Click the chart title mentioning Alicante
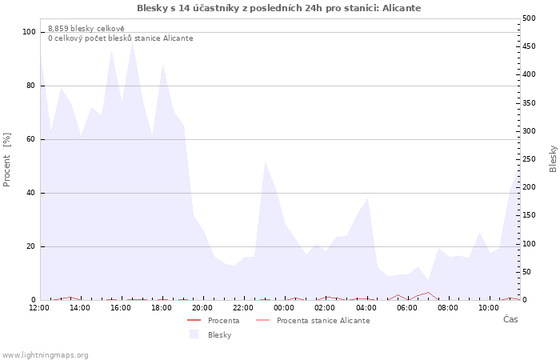pos(278,8)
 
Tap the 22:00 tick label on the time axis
pos(243,308)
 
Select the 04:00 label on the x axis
pos(366,308)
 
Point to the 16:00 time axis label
pos(121,308)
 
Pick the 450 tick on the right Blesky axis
pos(529,46)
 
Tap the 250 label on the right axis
pos(529,159)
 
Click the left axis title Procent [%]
pos(6,160)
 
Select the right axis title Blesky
pos(553,159)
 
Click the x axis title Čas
pos(510,319)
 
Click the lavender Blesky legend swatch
pos(194,334)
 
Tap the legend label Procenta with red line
pos(223,321)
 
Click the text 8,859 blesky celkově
pos(86,29)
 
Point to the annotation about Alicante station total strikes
pos(121,38)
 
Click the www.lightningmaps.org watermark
pos(44,355)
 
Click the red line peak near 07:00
pos(428,292)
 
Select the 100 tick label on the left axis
pos(30,32)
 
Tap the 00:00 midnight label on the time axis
pos(284,308)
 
